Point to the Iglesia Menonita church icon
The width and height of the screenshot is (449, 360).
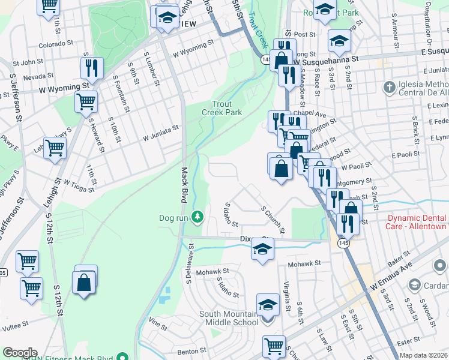389,88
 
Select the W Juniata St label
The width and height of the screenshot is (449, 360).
161,133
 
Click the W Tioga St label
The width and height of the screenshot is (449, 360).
76,182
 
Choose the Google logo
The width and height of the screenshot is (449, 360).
20,353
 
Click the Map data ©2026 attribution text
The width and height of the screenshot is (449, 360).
423,355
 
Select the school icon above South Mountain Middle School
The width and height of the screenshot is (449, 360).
268,304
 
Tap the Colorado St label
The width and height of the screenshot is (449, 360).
55,44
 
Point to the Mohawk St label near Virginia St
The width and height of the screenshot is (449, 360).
305,264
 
